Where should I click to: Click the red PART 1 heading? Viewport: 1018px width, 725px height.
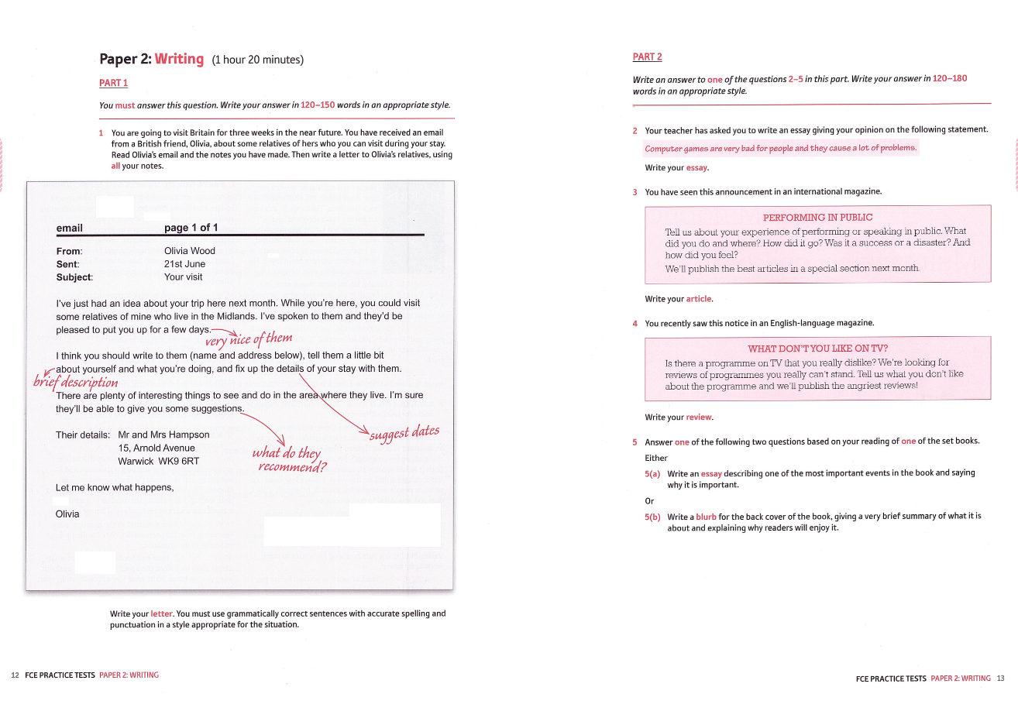point(113,83)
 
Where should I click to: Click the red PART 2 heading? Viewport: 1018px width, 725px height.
point(647,57)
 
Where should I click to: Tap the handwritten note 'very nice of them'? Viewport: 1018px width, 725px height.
point(249,338)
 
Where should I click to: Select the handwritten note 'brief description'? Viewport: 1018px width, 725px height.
point(76,382)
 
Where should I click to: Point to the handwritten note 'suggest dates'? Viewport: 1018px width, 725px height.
point(404,433)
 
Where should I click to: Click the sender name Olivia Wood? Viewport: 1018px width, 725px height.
point(190,251)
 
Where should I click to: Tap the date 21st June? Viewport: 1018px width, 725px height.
point(184,264)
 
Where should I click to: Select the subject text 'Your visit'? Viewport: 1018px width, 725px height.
point(183,277)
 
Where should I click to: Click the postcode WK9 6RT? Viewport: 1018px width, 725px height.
point(179,462)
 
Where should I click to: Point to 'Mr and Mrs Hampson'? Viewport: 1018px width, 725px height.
point(163,435)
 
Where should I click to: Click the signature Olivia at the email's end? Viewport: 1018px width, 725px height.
point(67,514)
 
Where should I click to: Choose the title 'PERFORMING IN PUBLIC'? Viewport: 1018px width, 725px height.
point(817,218)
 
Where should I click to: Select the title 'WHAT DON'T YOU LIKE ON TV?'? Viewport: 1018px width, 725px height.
point(817,349)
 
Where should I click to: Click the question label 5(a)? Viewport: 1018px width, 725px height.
point(652,473)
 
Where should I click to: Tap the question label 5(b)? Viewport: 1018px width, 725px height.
point(652,517)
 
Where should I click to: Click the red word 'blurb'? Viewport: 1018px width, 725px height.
point(706,517)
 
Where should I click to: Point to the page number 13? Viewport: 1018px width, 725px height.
point(1000,679)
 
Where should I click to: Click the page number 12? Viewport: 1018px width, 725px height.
point(15,675)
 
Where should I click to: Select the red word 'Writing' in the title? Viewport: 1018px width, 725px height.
point(179,59)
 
